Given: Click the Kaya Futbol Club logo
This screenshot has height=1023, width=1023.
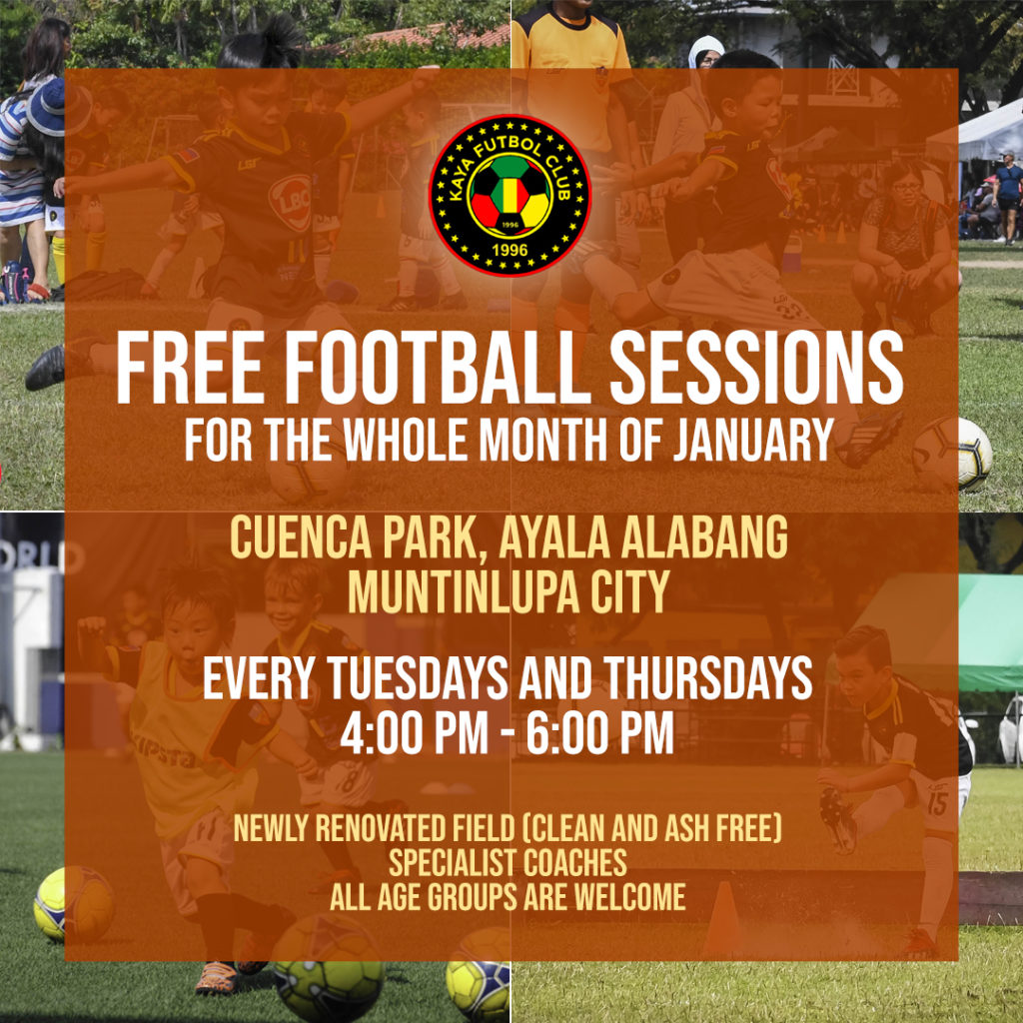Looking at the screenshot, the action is tap(510, 195).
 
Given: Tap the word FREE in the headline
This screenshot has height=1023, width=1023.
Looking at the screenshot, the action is tap(190, 368).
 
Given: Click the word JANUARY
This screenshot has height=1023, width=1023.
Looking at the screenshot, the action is tap(753, 440).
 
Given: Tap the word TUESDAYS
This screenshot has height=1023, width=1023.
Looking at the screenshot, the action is tap(418, 677).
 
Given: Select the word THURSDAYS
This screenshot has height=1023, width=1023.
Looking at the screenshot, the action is tap(708, 677).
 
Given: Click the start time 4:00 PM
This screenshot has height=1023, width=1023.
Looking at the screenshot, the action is tap(414, 732).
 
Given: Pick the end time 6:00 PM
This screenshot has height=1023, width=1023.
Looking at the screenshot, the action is tap(600, 732).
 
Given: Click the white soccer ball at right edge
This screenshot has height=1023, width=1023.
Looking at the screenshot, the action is tap(952, 455).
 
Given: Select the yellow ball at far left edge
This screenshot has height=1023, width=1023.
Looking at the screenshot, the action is tap(73, 903).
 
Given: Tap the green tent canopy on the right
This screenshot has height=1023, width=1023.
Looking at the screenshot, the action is tap(990, 631).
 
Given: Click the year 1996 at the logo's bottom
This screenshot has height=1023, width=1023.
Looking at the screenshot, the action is tap(510, 250).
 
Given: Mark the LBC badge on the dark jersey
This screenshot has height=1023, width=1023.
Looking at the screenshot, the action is tap(291, 203).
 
